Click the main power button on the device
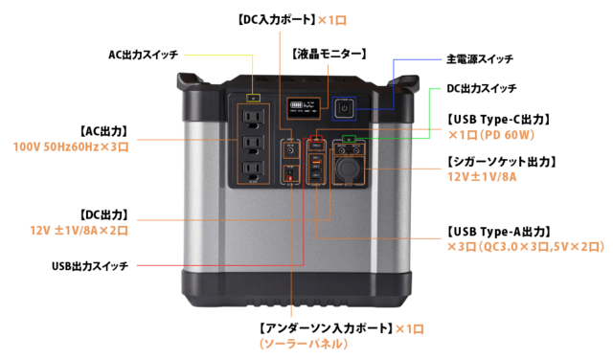tap(344, 108)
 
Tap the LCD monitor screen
tap(304, 108)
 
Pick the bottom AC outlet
tap(253, 169)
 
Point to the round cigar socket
tap(348, 169)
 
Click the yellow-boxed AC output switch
tap(253, 98)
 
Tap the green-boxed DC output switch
tap(349, 139)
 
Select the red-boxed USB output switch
tap(316, 139)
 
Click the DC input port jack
tap(291, 150)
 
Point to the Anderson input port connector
tap(290, 174)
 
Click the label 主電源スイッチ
tap(480, 59)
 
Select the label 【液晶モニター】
tap(329, 54)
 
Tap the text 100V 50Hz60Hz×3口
tap(71, 147)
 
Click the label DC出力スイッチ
tap(482, 89)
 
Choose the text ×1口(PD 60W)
tap(491, 135)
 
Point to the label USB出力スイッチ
tap(90, 266)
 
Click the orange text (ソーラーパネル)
tap(304, 344)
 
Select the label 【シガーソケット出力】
tap(502, 162)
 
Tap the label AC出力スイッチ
tap(143, 55)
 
